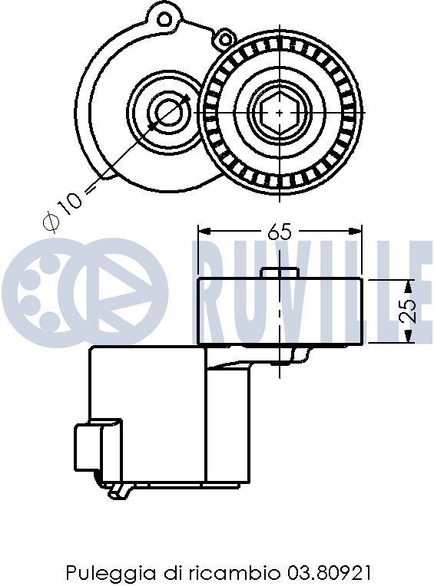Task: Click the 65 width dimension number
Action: [x=280, y=232]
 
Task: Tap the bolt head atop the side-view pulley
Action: [x=280, y=272]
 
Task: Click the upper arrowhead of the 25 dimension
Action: [x=409, y=285]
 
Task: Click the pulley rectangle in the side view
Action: [x=280, y=311]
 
